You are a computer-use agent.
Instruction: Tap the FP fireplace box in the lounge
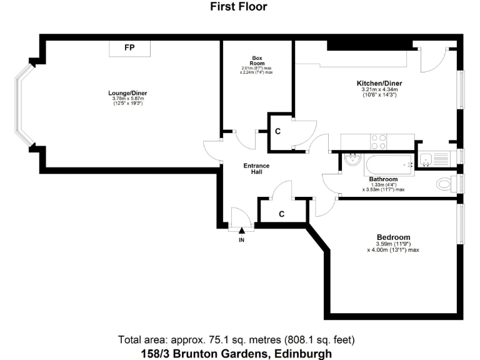point(129,48)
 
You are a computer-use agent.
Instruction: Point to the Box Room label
point(257,60)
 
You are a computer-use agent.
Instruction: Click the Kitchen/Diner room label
point(379,84)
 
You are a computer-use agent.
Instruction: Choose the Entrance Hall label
point(256,169)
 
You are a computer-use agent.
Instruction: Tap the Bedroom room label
point(393,237)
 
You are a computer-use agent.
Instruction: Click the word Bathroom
point(383,179)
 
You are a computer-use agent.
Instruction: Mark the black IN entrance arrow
point(241,231)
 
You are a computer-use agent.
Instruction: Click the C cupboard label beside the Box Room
point(277,132)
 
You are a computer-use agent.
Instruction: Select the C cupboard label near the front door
point(281,214)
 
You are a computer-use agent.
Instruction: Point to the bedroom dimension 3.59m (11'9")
point(393,244)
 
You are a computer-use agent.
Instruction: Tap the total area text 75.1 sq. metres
point(237,340)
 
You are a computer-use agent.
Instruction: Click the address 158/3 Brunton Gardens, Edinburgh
point(237,353)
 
